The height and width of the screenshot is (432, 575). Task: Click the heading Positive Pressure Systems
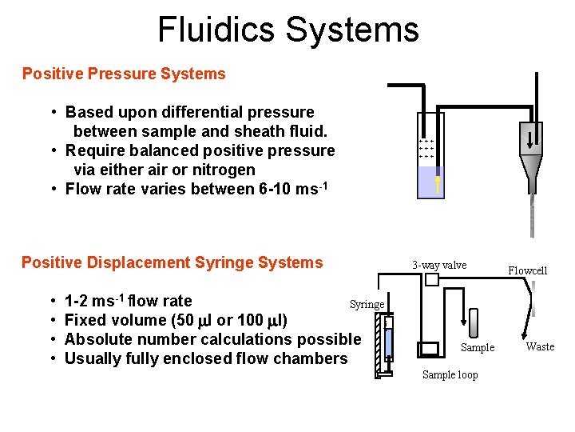tap(124, 74)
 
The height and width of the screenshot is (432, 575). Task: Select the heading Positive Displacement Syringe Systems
tap(172, 262)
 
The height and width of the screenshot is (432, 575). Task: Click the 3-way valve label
tap(439, 265)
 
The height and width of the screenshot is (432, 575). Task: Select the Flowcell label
tap(528, 270)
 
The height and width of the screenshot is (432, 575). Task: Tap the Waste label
tap(540, 346)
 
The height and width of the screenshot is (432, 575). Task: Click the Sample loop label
tap(450, 374)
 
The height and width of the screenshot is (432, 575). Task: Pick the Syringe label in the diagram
tap(367, 304)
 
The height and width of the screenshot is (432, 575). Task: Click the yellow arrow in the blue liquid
tap(438, 184)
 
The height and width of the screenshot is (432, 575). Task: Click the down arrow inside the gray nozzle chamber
tap(532, 136)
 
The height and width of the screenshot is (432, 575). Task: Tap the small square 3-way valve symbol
tap(432, 280)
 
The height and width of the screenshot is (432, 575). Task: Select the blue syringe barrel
tap(388, 342)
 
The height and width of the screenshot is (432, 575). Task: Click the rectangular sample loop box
tap(430, 349)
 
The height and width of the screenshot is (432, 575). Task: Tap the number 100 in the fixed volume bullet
tap(252, 320)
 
